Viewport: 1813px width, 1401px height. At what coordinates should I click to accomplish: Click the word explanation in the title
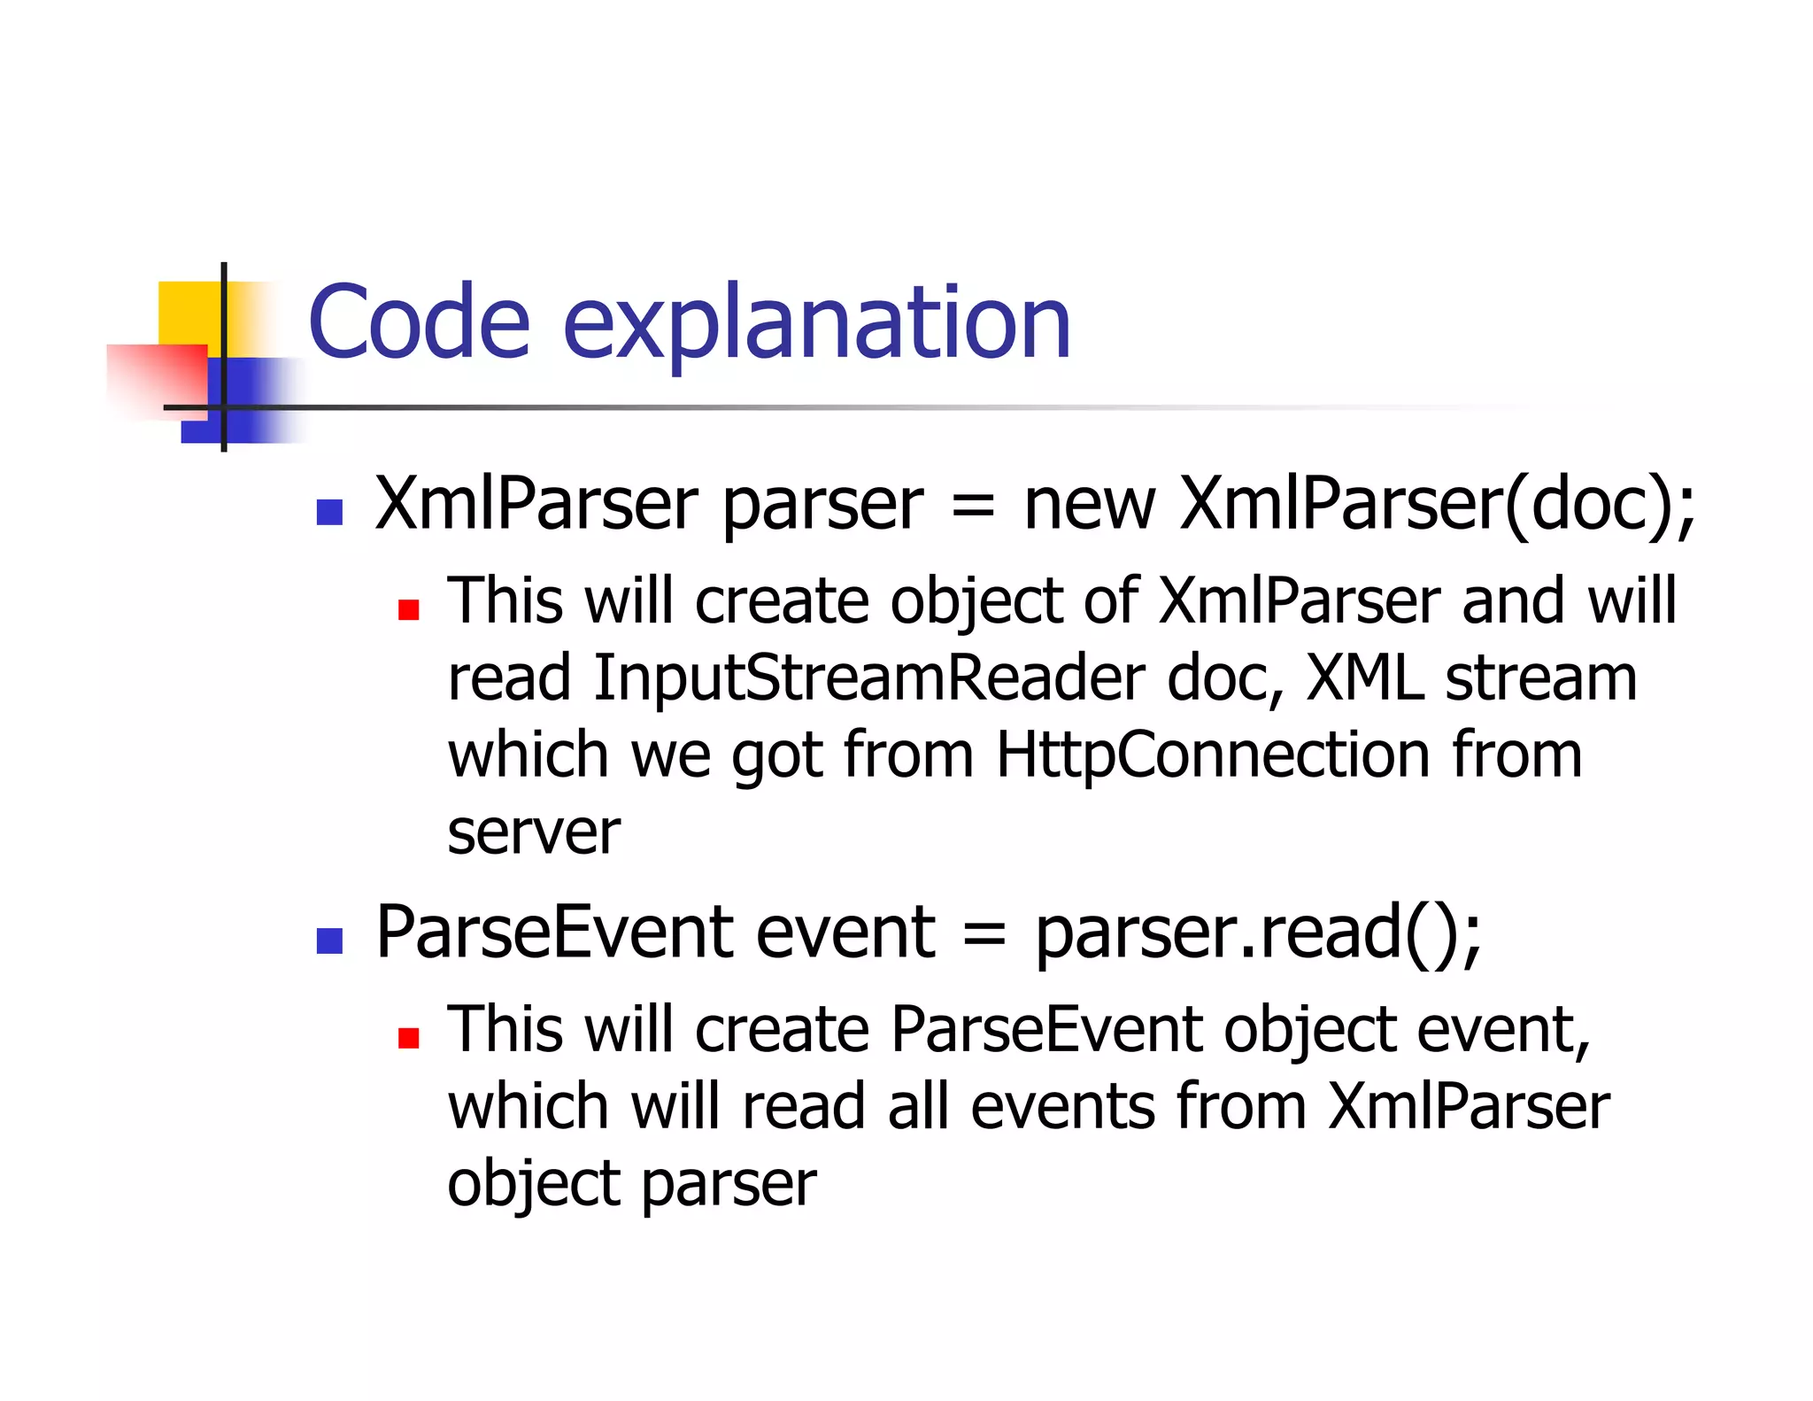(x=816, y=324)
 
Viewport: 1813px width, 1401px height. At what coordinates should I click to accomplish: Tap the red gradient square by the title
(x=158, y=378)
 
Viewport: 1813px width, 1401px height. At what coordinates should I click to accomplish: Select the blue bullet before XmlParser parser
(x=329, y=512)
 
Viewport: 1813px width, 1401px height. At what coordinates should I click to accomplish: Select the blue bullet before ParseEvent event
(x=329, y=940)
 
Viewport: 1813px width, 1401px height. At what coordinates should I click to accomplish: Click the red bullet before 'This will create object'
(x=408, y=609)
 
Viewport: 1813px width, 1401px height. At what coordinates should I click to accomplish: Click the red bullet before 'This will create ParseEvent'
(x=408, y=1038)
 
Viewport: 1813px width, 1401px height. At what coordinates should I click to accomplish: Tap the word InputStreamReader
(x=868, y=678)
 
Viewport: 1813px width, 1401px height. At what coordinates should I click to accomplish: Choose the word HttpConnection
(x=1212, y=755)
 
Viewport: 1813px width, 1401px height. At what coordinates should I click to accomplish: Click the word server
(x=534, y=832)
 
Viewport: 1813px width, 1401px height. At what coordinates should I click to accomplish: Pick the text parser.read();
(x=1257, y=933)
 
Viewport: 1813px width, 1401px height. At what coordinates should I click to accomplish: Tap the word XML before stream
(x=1364, y=678)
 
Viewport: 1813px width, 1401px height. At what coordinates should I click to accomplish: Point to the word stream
(x=1540, y=678)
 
